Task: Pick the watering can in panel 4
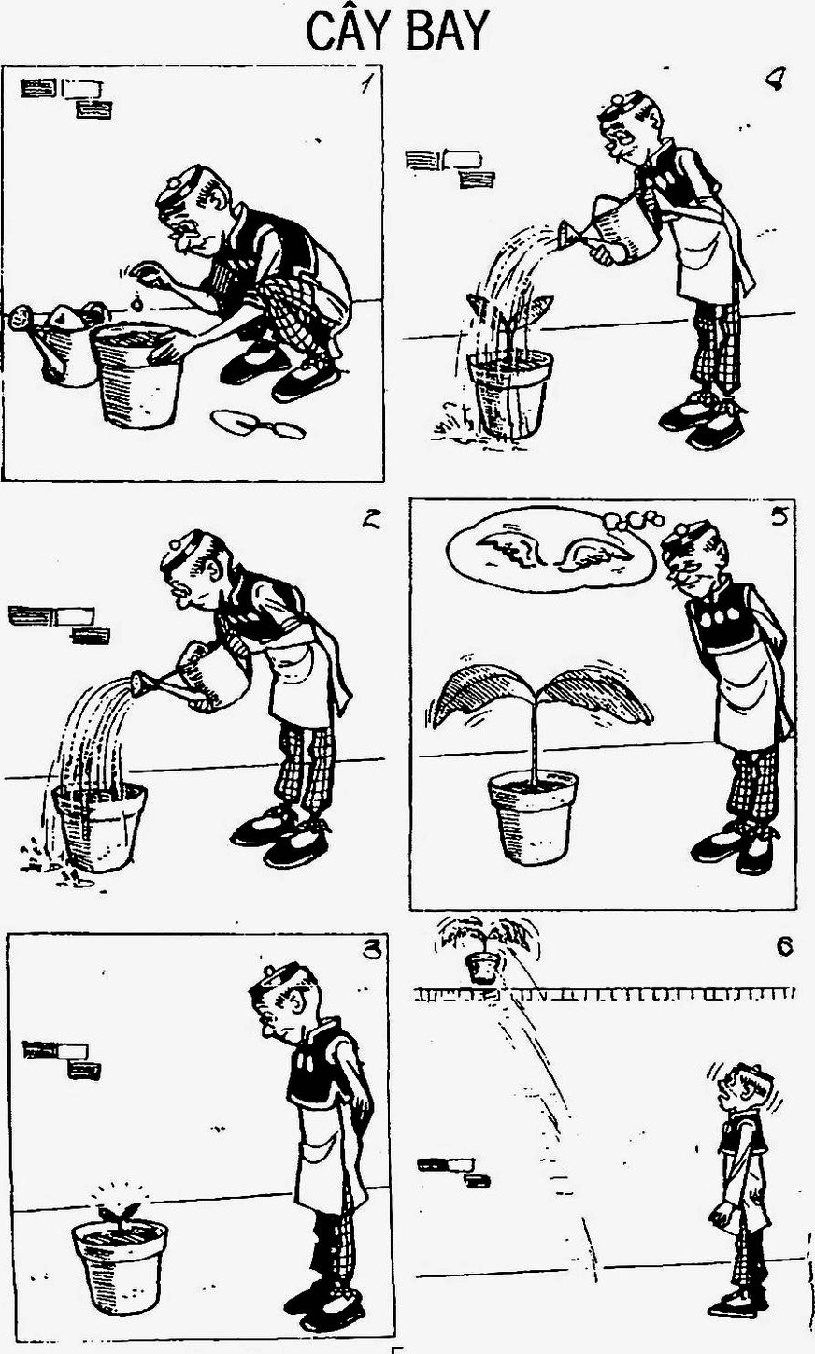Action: (613, 231)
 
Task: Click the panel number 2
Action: (370, 520)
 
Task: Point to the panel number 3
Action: (372, 950)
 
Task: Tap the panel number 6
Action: (784, 946)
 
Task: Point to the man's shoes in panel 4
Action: (703, 422)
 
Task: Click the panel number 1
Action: (366, 84)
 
